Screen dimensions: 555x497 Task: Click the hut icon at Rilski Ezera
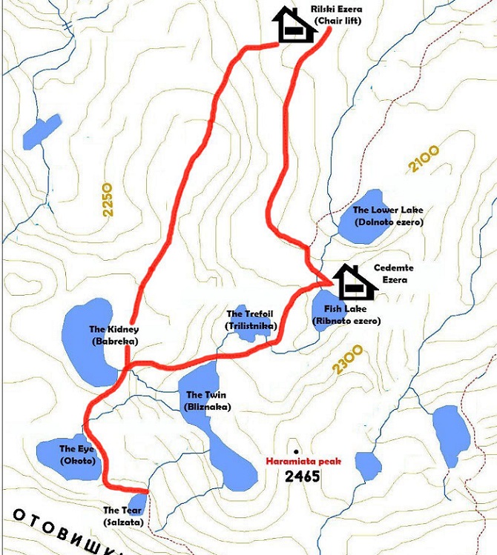tap(292, 25)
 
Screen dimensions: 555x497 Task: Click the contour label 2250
tap(108, 199)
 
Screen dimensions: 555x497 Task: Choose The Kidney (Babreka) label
tap(114, 335)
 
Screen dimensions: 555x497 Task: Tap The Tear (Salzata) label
tap(122, 516)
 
